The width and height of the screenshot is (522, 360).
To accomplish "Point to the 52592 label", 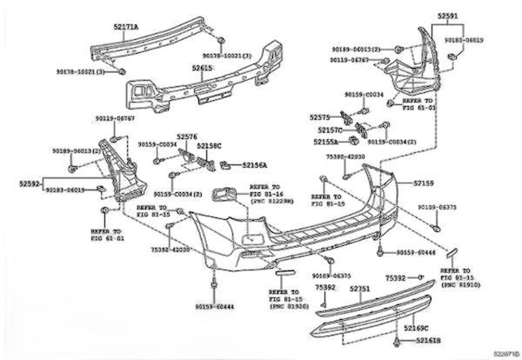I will pos(30,183).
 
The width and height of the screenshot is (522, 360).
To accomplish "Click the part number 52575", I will pos(320,116).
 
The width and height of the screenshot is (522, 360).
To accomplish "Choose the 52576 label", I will pos(187,137).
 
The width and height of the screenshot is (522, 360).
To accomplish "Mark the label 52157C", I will pos(331,129).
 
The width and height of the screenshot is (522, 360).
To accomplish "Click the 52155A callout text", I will pos(328,140).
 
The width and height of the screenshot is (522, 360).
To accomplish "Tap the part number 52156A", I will pos(256,164).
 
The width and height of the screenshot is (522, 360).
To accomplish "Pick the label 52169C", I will pos(419,328).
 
